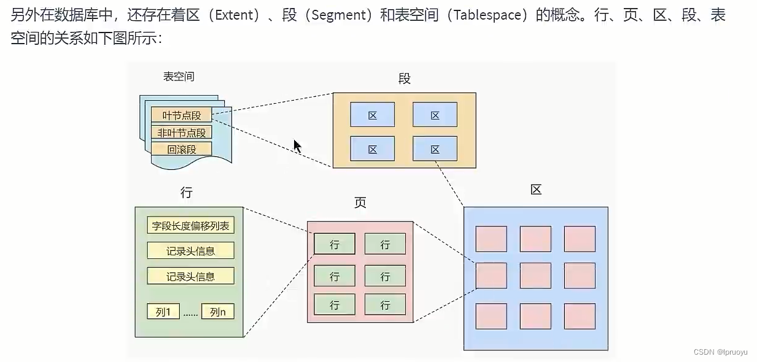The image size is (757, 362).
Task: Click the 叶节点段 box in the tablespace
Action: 181,115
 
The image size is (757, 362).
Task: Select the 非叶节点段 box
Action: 181,132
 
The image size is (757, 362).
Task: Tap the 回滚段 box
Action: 181,149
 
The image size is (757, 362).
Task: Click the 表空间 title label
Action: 179,77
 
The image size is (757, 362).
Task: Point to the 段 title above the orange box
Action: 404,79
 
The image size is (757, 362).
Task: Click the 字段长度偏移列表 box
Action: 190,226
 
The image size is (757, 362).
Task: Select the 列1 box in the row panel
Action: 163,312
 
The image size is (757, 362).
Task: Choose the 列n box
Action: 218,312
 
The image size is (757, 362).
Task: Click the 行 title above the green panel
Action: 187,193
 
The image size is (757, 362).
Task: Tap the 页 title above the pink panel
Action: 360,203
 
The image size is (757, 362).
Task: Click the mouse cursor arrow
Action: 297,146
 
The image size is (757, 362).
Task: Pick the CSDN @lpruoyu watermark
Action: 720,352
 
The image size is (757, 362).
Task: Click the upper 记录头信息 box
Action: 190,251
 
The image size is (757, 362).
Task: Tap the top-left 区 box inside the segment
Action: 372,115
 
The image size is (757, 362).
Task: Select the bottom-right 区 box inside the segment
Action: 435,148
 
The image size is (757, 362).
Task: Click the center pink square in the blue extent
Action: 535,275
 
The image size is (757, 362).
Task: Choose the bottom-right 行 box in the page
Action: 385,305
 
